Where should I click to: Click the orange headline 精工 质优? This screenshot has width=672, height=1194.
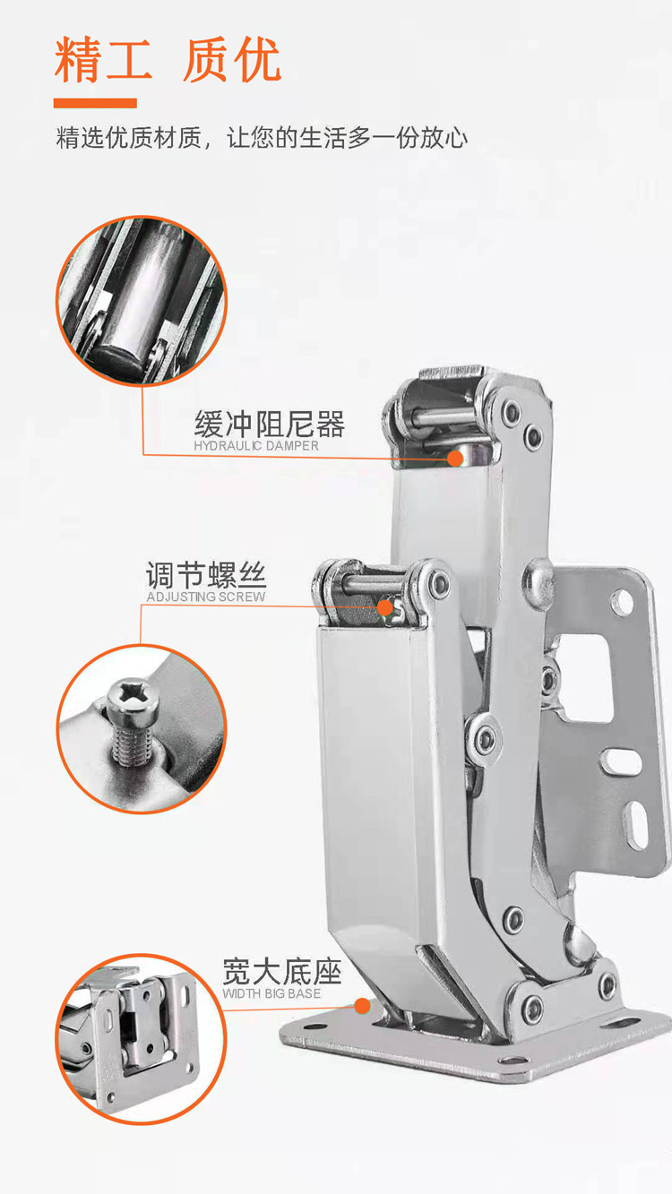168,60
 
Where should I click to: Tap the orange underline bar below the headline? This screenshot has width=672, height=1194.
95,103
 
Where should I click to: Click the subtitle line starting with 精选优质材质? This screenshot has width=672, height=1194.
262,138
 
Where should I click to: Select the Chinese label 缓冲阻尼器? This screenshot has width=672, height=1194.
270,425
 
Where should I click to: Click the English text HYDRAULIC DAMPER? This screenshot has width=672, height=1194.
256,446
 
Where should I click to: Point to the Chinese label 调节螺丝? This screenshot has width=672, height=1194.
206,575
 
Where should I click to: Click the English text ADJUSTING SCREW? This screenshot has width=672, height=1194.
206,597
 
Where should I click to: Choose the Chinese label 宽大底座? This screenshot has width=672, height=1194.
281,972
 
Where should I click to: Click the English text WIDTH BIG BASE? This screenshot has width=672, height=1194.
271,993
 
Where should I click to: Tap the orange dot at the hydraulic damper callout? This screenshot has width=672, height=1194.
455,458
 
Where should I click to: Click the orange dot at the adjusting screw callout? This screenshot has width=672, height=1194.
384,607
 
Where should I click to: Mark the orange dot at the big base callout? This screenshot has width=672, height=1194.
363,1006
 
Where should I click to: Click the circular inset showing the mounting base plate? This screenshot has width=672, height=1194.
142,1039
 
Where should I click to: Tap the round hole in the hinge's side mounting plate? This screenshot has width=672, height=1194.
622,601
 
